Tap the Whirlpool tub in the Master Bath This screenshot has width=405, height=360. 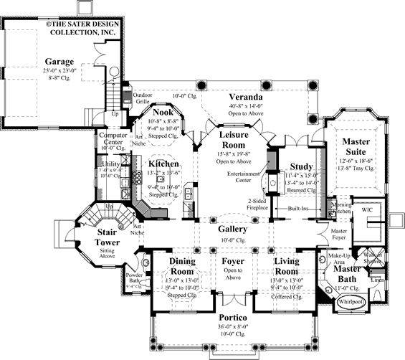point(352,303)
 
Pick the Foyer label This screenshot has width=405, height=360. point(233,262)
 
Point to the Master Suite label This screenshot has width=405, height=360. point(355,146)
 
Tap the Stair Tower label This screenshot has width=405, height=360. point(113,237)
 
